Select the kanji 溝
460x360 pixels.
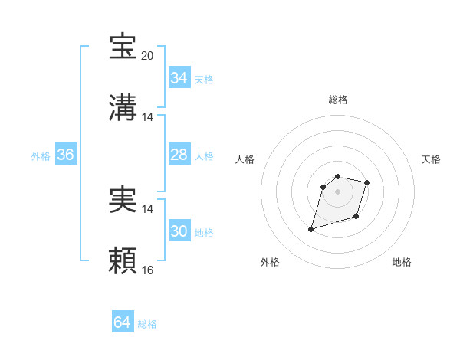(123, 108)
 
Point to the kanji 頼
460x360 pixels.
(123, 261)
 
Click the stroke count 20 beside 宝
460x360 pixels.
(148, 56)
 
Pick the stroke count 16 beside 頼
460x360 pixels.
(148, 270)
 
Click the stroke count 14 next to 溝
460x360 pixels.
(148, 117)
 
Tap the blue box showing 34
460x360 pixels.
(179, 78)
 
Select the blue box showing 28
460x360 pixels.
(179, 155)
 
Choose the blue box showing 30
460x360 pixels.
(179, 231)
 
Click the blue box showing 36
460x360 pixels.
(65, 155)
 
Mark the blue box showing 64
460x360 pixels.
(122, 323)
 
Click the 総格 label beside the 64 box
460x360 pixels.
(147, 324)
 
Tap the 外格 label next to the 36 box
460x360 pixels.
(41, 156)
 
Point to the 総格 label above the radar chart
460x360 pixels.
(337, 100)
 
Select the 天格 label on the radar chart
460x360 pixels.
(431, 159)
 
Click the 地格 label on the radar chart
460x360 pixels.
(402, 262)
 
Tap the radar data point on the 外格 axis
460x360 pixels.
(311, 228)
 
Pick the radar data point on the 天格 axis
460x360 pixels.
(367, 182)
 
